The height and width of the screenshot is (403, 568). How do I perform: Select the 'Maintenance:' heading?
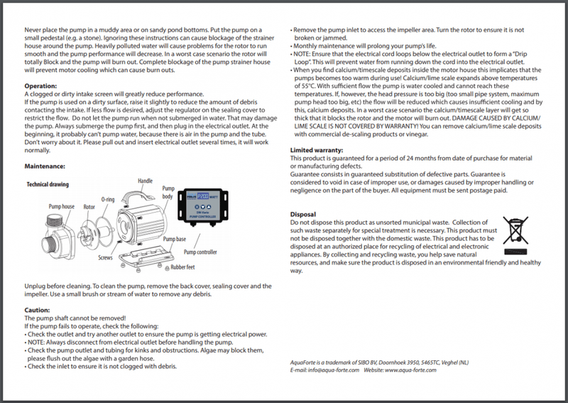[x=45, y=166]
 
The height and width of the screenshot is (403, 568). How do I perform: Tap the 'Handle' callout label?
[x=146, y=181]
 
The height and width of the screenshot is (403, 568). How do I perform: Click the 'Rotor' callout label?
[x=89, y=206]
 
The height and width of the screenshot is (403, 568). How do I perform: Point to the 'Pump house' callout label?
[x=62, y=206]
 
